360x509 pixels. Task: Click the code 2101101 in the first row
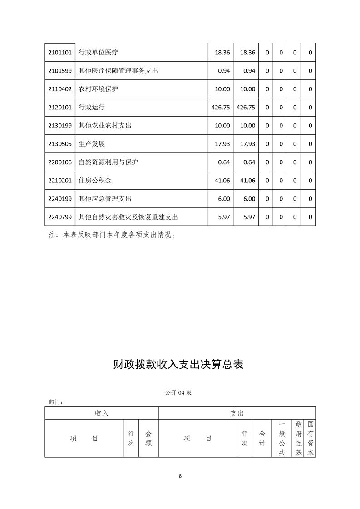tap(60, 53)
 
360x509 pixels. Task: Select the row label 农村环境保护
tap(99, 89)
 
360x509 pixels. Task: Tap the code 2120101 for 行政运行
tap(60, 107)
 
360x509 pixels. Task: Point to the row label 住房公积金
tap(95, 181)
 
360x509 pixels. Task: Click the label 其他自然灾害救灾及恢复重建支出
tap(128, 217)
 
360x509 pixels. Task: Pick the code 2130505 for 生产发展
tap(60, 144)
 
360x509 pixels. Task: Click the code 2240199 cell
tap(60, 199)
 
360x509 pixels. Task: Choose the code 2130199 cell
tap(60, 126)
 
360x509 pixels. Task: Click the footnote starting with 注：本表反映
tap(112, 235)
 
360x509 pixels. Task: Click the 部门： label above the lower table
tap(55, 401)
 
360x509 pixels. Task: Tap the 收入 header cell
tap(102, 413)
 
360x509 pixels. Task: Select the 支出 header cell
tap(237, 413)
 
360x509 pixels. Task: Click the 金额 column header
tap(148, 438)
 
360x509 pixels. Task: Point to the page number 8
tap(180, 476)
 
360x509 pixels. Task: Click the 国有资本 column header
tap(311, 438)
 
